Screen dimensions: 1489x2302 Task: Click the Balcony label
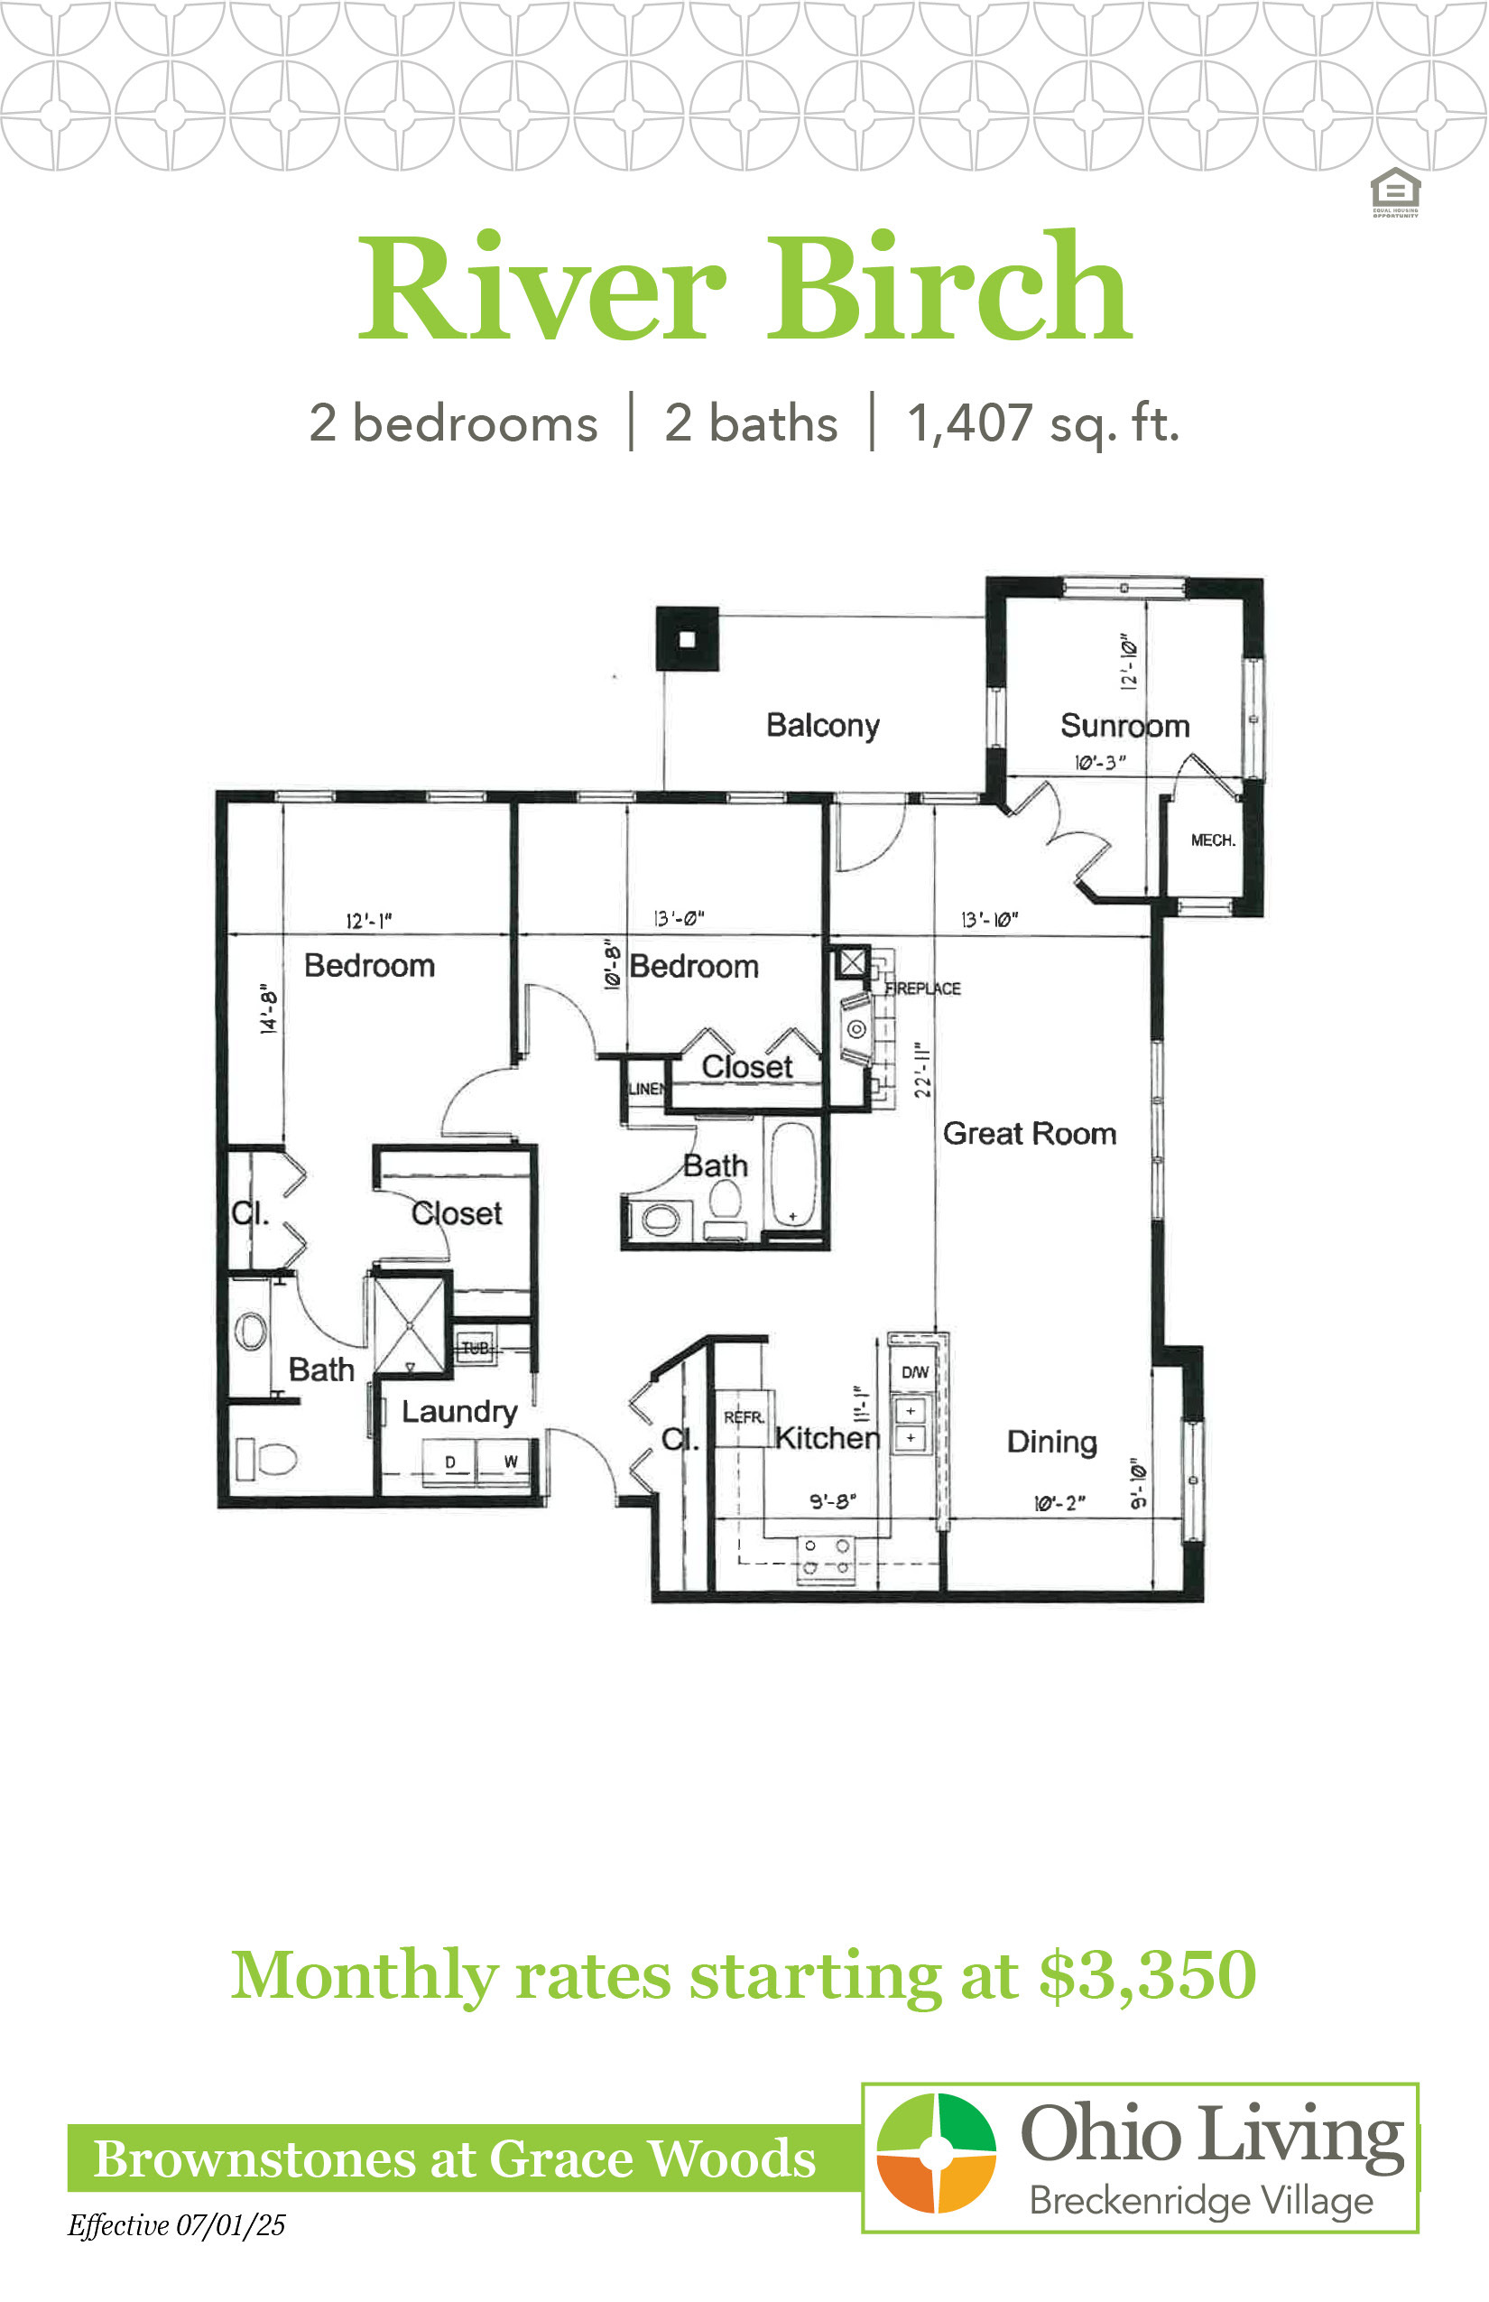823,726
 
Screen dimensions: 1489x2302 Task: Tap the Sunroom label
1124,726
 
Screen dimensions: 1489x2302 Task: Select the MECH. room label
1213,840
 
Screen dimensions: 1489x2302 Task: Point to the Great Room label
1030,1133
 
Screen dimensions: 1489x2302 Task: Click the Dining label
1052,1443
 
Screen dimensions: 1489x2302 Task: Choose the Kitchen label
828,1437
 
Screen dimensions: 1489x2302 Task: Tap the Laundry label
459,1411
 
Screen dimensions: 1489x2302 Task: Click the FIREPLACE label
923,989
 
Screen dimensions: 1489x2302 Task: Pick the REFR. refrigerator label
744,1417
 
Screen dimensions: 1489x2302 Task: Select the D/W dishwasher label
915,1371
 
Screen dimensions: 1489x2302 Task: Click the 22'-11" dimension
922,1070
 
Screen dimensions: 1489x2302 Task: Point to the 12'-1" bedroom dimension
368,920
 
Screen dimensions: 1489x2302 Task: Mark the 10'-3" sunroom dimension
1100,762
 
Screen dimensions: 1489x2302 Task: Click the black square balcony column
688,638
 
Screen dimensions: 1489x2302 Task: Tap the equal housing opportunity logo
1395,191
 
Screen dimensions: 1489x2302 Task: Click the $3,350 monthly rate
1148,1974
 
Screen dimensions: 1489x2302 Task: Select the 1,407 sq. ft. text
1043,423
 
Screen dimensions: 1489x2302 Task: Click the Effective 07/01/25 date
176,2224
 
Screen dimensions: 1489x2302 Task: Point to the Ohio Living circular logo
936,2153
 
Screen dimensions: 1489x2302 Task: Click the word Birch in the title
949,285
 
